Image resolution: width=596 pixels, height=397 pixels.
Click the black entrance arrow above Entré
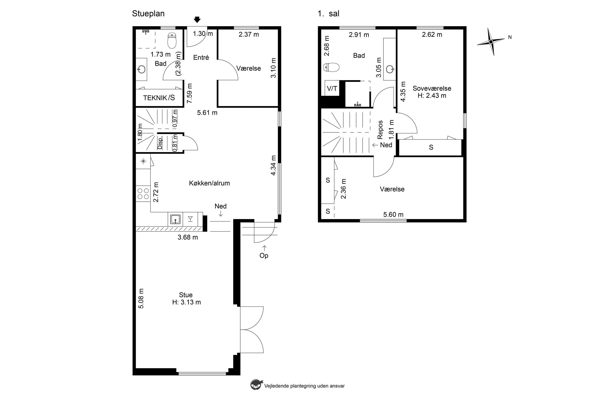pyautogui.click(x=197, y=20)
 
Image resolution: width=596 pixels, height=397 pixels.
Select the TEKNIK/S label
pyautogui.click(x=159, y=98)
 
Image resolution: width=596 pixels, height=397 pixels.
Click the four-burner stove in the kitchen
pyautogui.click(x=143, y=194)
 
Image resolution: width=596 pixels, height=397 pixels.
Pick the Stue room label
pyautogui.click(x=186, y=295)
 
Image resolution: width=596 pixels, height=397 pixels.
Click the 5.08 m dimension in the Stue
pyautogui.click(x=141, y=299)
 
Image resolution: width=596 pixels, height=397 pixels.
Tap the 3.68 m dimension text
pyautogui.click(x=188, y=237)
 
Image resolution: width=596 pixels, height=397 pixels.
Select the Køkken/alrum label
pyautogui.click(x=209, y=183)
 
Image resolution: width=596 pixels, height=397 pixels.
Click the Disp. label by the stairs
pyautogui.click(x=160, y=143)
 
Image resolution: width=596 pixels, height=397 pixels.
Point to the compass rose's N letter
pyautogui.click(x=510, y=37)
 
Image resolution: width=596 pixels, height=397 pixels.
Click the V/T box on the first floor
pyautogui.click(x=332, y=88)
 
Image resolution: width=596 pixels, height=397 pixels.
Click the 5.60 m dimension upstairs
pyautogui.click(x=393, y=214)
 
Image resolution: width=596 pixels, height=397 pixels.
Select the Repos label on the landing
pyautogui.click(x=380, y=130)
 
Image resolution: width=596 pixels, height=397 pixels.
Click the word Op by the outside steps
pyautogui.click(x=264, y=255)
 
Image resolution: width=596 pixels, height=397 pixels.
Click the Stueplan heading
pyautogui.click(x=148, y=14)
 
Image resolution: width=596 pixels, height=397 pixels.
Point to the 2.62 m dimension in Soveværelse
pyautogui.click(x=432, y=34)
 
